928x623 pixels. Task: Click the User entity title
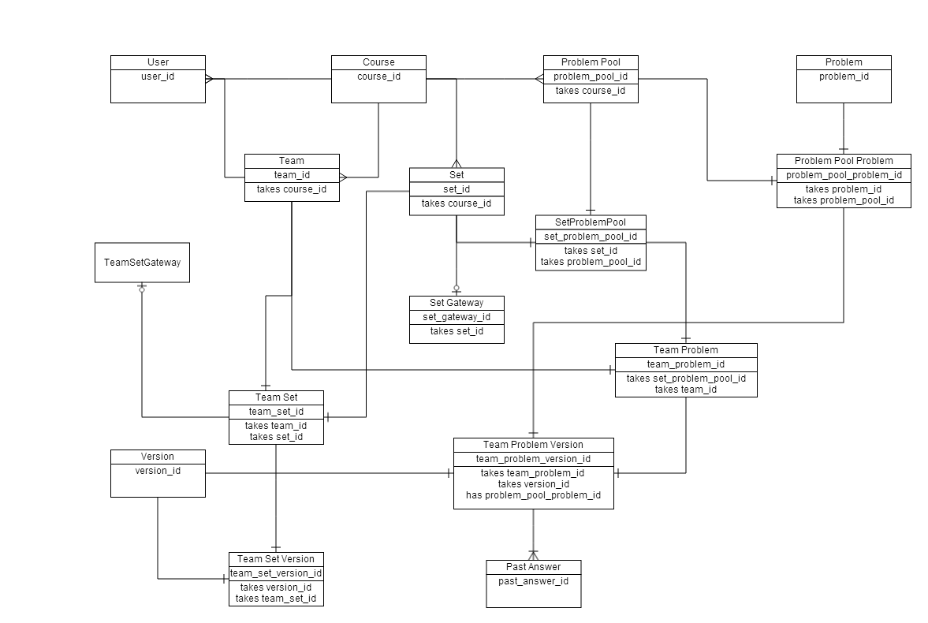coord(158,62)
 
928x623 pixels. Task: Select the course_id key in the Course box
coord(378,76)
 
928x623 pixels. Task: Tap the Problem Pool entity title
coord(591,62)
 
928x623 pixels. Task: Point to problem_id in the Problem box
coord(844,76)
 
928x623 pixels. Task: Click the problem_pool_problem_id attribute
coord(844,175)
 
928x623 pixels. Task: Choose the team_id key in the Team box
coord(292,175)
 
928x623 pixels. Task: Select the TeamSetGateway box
coord(142,263)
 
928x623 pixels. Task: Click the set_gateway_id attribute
coord(457,317)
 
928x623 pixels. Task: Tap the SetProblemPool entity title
coord(591,222)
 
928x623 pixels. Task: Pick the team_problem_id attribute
coord(686,364)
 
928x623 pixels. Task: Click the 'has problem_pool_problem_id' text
coord(533,495)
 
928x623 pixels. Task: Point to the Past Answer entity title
coord(533,567)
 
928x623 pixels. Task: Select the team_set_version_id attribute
coord(276,573)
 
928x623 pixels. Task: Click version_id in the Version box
coord(158,471)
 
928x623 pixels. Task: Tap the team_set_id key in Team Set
coord(276,412)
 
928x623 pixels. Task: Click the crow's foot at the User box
coord(209,79)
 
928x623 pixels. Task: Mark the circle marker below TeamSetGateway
coord(142,289)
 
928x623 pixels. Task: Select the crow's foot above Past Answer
coord(533,555)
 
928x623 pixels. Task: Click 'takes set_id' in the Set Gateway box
coord(457,331)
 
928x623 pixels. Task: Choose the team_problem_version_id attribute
coord(533,459)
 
